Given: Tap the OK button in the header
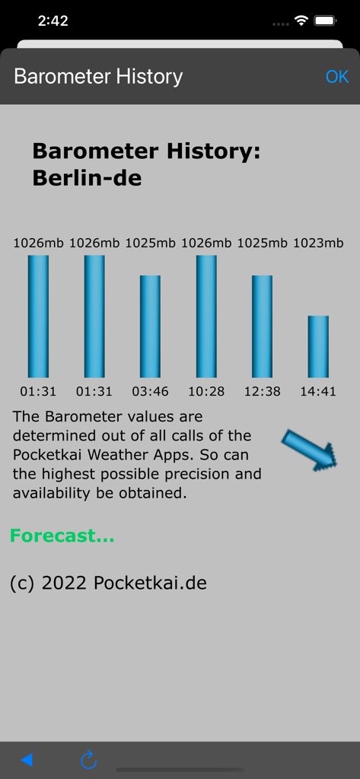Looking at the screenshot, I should [336, 77].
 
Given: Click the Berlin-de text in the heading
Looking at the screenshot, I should [87, 179].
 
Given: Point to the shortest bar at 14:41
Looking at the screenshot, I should [318, 346].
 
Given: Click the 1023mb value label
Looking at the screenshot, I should [318, 243].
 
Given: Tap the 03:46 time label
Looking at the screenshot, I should [150, 392].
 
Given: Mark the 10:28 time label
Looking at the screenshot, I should [206, 392].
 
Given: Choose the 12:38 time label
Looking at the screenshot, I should [262, 392].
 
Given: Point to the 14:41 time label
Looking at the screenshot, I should [318, 392].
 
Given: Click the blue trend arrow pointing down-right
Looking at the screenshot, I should [310, 450].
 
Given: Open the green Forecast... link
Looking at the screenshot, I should [62, 536].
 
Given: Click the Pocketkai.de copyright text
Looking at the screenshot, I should [108, 583].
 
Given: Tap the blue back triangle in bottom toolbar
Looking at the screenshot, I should [27, 759].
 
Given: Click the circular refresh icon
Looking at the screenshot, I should [88, 759].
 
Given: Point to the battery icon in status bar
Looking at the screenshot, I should [326, 21].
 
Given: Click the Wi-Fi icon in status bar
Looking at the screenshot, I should [301, 21].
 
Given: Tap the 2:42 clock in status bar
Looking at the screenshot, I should [53, 21].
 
